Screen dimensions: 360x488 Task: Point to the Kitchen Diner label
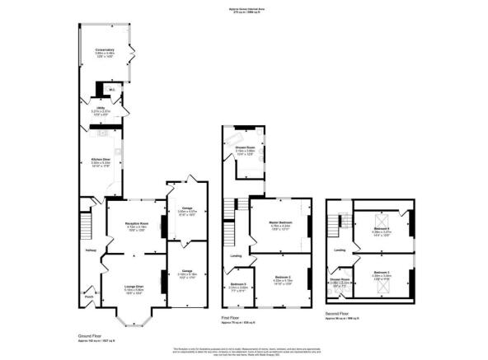pos(100,161)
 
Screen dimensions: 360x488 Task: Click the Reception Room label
pos(135,223)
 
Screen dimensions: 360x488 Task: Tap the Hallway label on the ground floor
pos(88,250)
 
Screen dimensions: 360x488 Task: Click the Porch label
pos(88,296)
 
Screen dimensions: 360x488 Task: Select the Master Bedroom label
pos(281,216)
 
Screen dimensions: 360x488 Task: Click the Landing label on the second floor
pos(339,250)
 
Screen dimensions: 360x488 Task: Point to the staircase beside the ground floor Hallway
pos(85,223)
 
